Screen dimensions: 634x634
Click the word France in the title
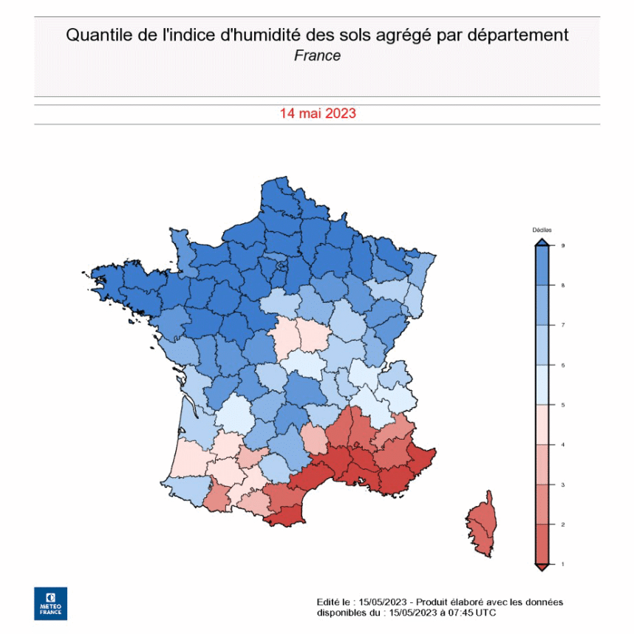[x=317, y=55]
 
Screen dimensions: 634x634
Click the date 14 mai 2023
[x=318, y=114]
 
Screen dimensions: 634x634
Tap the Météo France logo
[x=50, y=603]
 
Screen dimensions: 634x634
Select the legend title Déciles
[x=542, y=231]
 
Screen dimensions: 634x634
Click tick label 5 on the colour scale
[x=563, y=405]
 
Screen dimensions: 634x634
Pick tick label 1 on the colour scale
[x=563, y=565]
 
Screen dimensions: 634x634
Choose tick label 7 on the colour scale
[x=563, y=325]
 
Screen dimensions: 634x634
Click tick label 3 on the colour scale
[x=563, y=485]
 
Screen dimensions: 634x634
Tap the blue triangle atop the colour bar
[x=542, y=241]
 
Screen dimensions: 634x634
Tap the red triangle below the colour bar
[x=542, y=567]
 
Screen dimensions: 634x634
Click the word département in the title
[x=521, y=35]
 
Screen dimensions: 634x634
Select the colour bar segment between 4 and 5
[x=542, y=425]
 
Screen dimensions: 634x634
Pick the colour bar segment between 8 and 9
[x=542, y=265]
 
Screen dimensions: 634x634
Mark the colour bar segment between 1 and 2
[x=542, y=545]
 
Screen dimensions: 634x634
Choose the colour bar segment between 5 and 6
[x=542, y=385]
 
